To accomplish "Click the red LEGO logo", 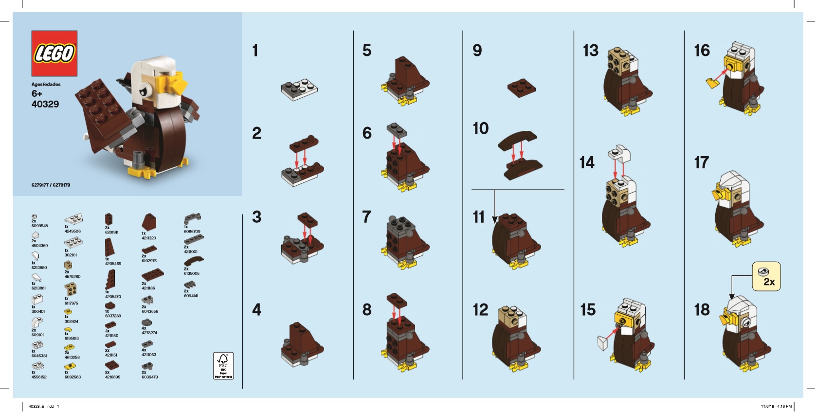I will click(54, 54).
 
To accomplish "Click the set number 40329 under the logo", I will click(45, 104).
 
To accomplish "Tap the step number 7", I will click(366, 217).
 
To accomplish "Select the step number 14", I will click(587, 162).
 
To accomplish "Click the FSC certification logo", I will click(223, 365).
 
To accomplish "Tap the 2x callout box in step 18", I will click(766, 276).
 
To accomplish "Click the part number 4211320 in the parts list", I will click(149, 238).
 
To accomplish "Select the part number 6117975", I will click(71, 303).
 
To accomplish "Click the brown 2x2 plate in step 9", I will click(522, 87).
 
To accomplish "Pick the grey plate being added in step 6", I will click(397, 130).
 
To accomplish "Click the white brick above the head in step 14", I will click(619, 154).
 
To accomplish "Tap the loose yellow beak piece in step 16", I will click(713, 83).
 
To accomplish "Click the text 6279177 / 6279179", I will click(51, 185).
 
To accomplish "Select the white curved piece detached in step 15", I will click(603, 343).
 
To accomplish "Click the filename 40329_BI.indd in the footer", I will click(41, 406).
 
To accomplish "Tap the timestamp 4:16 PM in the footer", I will click(784, 406).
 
